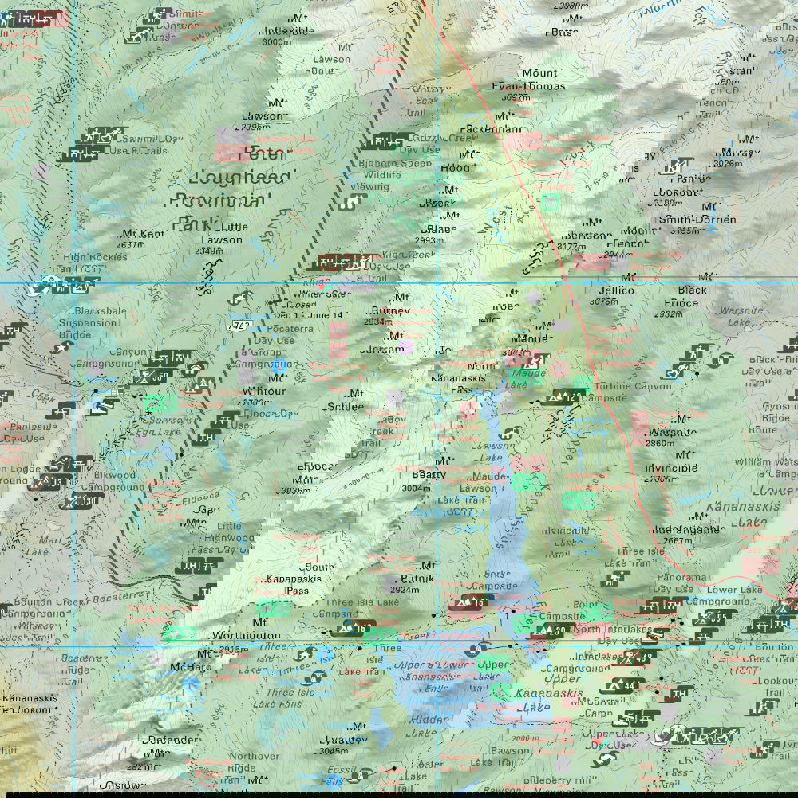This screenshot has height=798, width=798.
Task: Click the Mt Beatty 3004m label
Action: coord(425,475)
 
